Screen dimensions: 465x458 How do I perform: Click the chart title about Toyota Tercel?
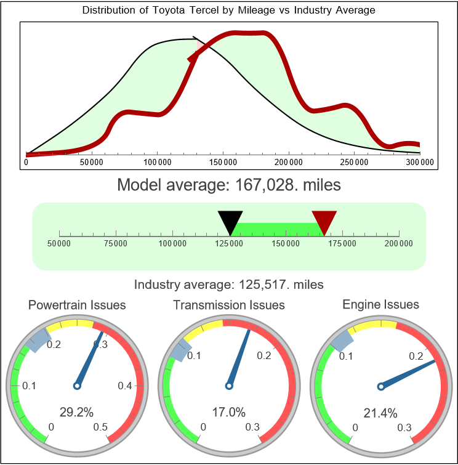coord(228,10)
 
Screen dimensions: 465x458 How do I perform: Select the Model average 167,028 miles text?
coord(228,184)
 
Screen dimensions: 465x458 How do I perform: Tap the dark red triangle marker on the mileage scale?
coord(324,220)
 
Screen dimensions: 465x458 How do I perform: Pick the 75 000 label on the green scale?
coord(116,244)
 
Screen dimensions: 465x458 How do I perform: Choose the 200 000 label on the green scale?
coord(400,244)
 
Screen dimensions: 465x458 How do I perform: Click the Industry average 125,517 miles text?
coord(228,285)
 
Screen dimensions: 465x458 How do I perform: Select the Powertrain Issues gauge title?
coord(77,305)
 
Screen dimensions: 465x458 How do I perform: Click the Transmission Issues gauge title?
coord(229,305)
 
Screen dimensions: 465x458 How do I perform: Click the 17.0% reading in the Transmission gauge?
coord(228,412)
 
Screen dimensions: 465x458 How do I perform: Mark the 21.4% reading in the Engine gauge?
coord(380,412)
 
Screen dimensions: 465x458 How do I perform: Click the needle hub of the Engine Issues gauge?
coord(380,386)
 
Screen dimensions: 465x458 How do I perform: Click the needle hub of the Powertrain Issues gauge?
coord(77,386)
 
